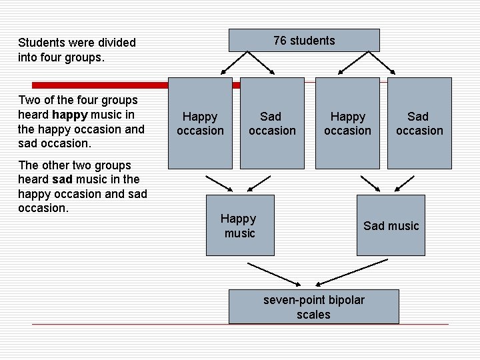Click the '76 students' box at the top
(304, 41)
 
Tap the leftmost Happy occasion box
(200, 123)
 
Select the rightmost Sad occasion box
(419, 123)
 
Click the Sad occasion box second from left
(272, 123)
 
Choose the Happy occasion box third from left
(347, 123)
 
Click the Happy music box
(240, 225)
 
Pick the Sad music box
(391, 225)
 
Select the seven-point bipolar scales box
(313, 307)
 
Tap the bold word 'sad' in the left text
(62, 179)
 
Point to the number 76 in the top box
(280, 41)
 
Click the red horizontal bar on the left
(100, 85)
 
